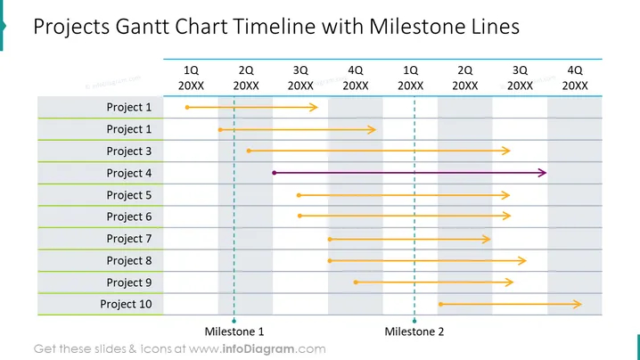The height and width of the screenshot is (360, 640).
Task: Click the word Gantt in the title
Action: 142,27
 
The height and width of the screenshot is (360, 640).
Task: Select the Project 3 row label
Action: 129,151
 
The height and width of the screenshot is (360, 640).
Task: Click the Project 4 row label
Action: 129,173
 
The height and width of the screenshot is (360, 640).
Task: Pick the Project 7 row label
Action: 129,239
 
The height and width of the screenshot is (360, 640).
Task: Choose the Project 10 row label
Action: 126,304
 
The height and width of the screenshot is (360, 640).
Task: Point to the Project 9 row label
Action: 129,282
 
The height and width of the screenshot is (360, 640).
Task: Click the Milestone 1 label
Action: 234,331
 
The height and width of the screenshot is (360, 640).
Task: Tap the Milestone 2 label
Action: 414,331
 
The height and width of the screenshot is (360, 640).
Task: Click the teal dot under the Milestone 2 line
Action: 414,321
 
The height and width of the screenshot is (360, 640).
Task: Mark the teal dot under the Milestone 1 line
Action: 234,321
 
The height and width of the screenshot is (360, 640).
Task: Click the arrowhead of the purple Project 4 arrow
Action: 543,173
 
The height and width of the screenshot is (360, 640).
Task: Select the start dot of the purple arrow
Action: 275,173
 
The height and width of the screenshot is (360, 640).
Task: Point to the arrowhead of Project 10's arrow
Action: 578,304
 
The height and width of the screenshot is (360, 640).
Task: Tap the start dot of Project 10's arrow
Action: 441,304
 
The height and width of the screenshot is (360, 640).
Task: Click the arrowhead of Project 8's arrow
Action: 522,260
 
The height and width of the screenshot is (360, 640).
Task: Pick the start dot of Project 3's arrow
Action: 249,151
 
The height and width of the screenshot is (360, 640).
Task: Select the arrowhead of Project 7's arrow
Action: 486,239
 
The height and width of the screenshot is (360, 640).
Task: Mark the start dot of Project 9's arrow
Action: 356,282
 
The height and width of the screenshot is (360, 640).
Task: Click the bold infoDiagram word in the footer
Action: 258,349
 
